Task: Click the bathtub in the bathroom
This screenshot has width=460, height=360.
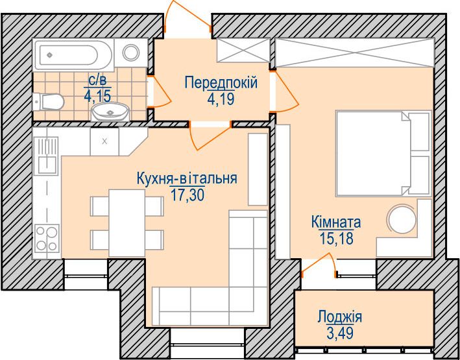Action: (x=73, y=55)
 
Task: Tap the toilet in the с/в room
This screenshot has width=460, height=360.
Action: (x=49, y=102)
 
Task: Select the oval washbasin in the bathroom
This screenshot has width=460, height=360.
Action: (x=110, y=112)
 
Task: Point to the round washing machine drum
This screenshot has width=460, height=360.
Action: (x=131, y=53)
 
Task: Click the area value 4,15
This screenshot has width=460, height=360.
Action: (x=97, y=95)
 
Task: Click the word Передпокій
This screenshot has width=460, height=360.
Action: (x=221, y=82)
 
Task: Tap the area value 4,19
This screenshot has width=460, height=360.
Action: (x=221, y=99)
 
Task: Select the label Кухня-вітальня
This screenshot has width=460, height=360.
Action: (x=187, y=178)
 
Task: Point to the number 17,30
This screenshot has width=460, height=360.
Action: (x=187, y=195)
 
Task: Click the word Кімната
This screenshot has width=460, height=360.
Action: (x=336, y=222)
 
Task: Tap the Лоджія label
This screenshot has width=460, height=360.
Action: (x=340, y=317)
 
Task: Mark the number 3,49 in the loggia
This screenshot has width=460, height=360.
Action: (x=340, y=333)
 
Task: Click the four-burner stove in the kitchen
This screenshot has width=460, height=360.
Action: (x=47, y=238)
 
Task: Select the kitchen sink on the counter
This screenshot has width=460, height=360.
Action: (x=46, y=156)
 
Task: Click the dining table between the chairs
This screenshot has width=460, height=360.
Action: (x=127, y=223)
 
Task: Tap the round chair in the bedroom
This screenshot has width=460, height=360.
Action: (x=402, y=219)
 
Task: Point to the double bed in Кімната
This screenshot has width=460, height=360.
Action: (x=383, y=153)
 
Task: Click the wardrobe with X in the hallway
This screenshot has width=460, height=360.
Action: (x=243, y=50)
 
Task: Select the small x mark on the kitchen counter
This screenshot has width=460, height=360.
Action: (x=104, y=141)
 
